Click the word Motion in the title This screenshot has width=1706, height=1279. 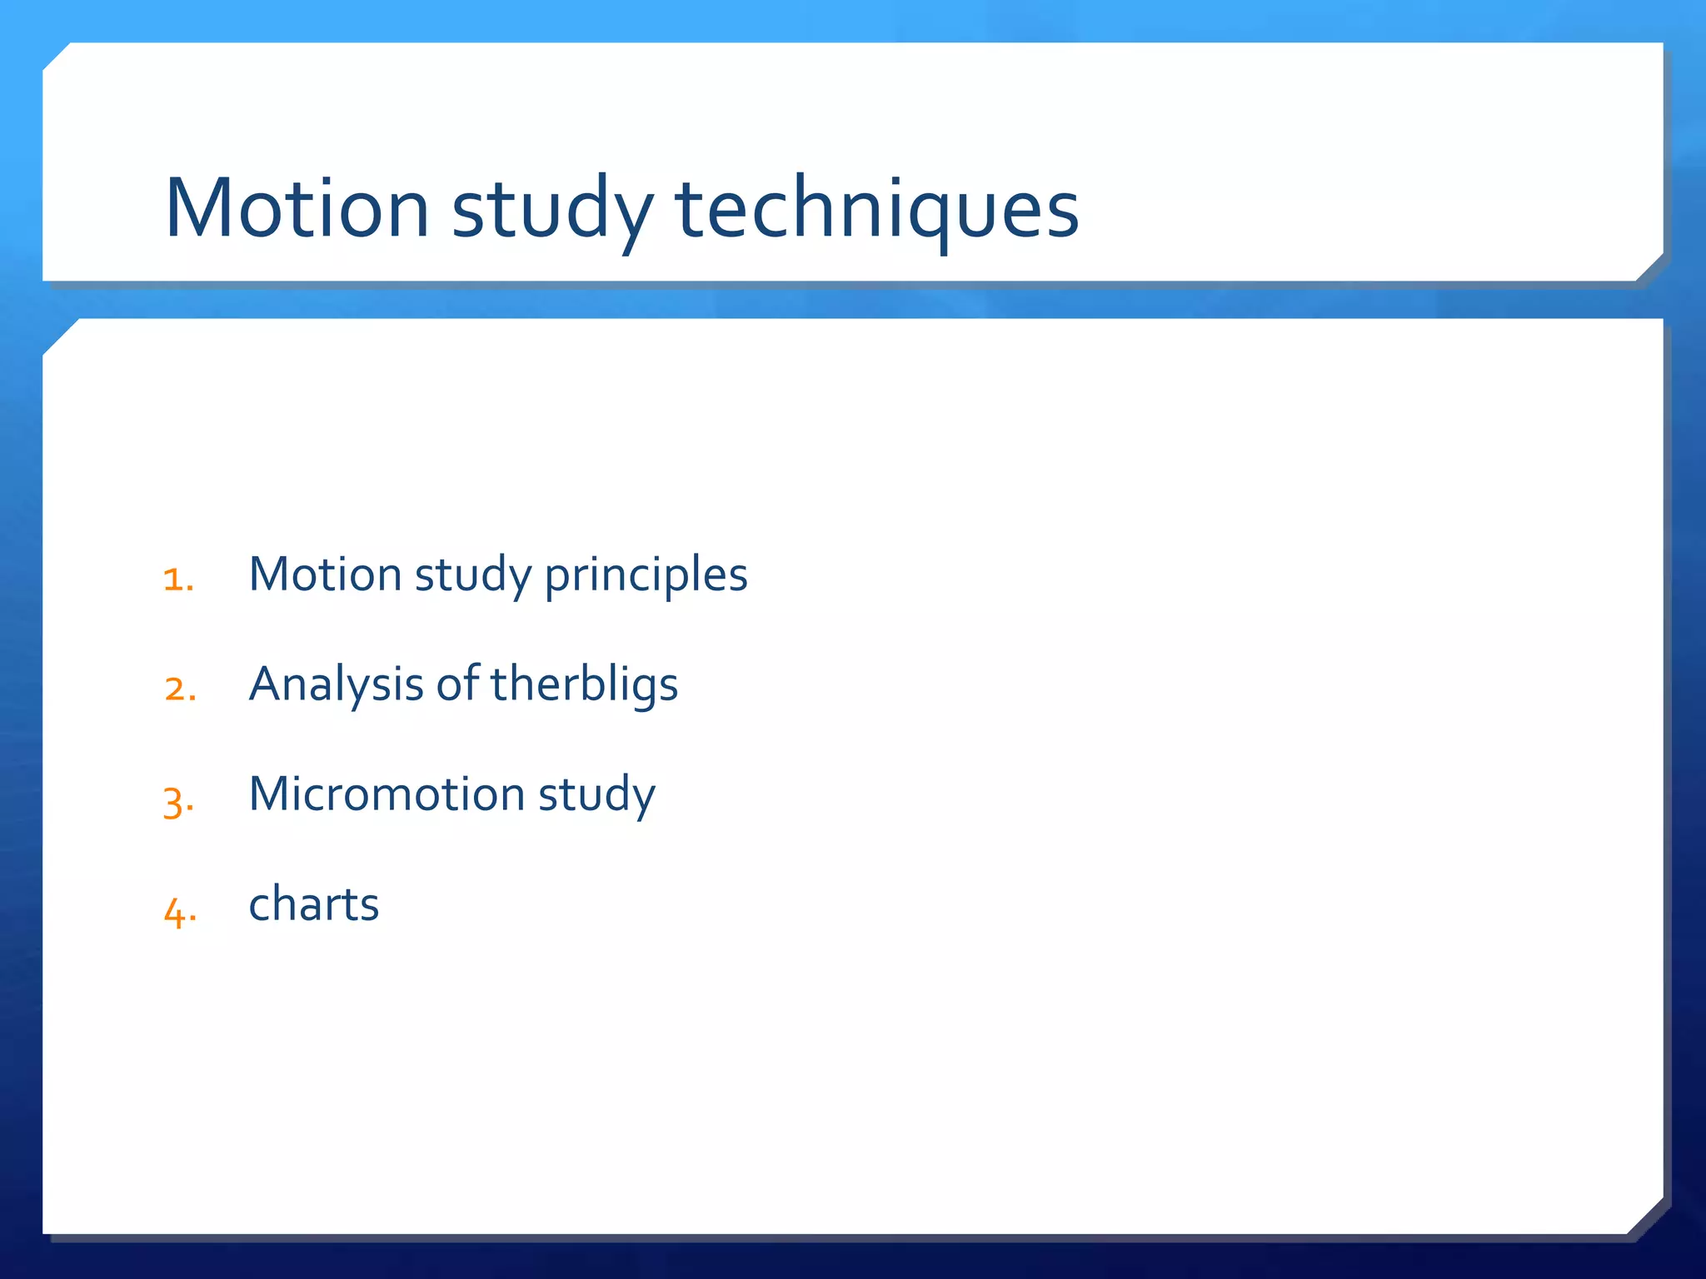[x=297, y=208]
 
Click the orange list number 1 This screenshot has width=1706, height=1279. [x=178, y=580]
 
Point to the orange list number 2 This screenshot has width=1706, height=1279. [x=180, y=689]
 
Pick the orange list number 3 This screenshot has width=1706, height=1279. [x=178, y=801]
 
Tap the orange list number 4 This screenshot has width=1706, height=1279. [x=180, y=911]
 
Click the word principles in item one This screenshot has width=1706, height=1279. [x=646, y=575]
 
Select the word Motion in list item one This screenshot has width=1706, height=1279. [x=326, y=574]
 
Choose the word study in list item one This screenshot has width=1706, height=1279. [x=473, y=575]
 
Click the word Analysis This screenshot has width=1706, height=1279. [x=337, y=685]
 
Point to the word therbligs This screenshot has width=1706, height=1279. [x=584, y=685]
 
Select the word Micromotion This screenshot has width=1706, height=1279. [x=387, y=794]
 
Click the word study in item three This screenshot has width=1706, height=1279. [x=596, y=795]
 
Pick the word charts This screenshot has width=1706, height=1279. [x=314, y=904]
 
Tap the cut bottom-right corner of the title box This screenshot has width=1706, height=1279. [x=1649, y=267]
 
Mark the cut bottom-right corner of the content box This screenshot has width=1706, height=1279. [x=1646, y=1217]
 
